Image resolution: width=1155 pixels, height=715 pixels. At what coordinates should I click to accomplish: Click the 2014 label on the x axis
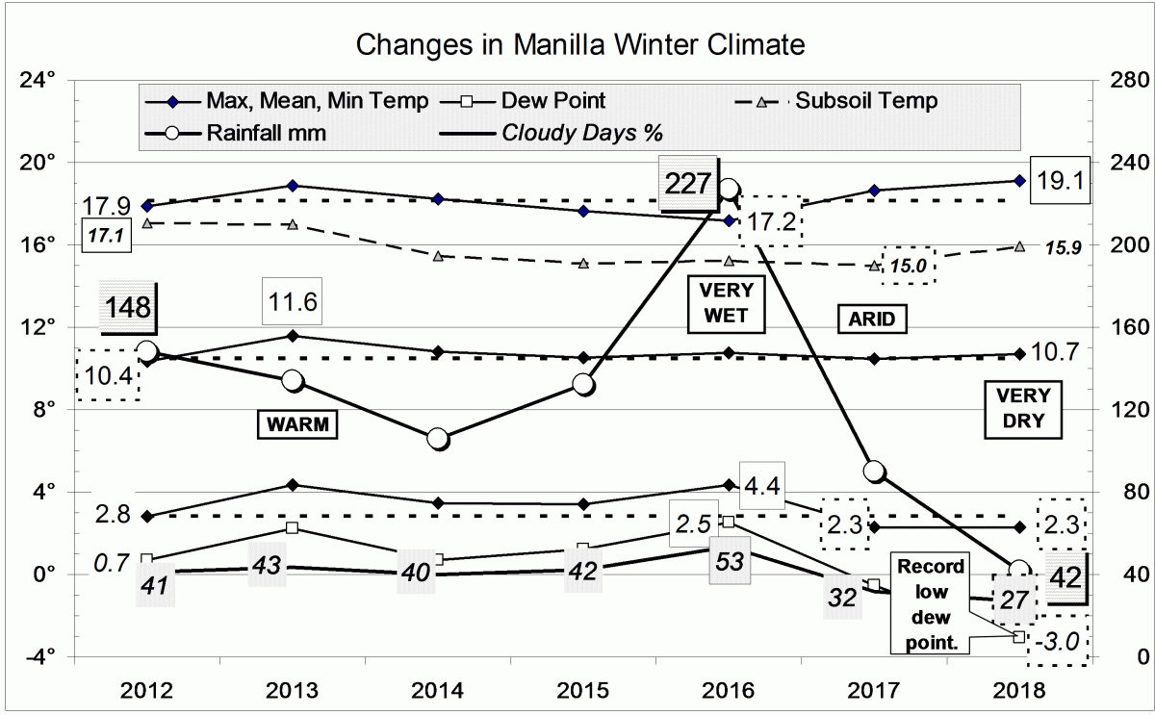[x=438, y=691]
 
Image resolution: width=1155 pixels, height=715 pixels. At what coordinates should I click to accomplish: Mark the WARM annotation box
[x=296, y=423]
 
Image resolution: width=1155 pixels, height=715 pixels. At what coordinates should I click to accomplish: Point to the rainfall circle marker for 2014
[x=438, y=439]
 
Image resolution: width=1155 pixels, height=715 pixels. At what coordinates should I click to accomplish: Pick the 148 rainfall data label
[x=129, y=307]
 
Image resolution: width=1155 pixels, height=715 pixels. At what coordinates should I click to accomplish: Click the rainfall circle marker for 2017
[x=875, y=471]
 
